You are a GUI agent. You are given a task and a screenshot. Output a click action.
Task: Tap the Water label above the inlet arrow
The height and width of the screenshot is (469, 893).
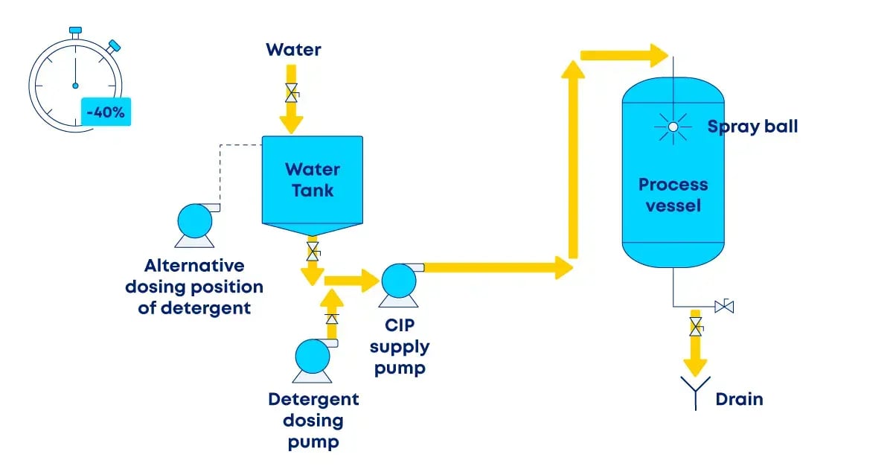(x=293, y=50)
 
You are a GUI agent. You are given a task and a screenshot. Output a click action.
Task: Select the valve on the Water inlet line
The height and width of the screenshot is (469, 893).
(x=292, y=92)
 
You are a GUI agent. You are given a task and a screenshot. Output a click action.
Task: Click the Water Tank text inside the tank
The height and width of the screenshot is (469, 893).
(x=313, y=179)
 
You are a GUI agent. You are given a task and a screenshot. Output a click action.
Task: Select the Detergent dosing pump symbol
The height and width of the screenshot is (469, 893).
(x=313, y=357)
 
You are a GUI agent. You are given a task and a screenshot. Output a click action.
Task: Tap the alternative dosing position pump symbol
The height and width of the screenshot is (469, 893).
(x=195, y=222)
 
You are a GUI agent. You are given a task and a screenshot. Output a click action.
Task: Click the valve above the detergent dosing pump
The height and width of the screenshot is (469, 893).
(x=333, y=319)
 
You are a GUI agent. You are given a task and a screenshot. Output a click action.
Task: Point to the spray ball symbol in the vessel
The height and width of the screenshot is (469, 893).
(x=673, y=127)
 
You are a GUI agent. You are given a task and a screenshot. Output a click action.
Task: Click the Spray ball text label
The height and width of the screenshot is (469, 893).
(x=752, y=127)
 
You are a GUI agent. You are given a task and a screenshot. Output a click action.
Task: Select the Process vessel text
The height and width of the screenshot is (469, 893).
(x=673, y=194)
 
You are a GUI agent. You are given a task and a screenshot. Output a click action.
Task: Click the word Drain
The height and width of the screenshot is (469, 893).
(x=739, y=399)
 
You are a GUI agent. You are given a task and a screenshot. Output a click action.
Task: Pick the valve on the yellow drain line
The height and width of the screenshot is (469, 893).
(x=696, y=325)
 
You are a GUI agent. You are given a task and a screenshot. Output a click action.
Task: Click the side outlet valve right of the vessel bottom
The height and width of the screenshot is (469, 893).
(x=723, y=305)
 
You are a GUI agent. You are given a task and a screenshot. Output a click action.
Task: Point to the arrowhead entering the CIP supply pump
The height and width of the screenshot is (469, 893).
(x=369, y=281)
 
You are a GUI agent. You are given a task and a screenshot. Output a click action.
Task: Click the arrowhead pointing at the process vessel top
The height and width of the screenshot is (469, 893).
(x=656, y=55)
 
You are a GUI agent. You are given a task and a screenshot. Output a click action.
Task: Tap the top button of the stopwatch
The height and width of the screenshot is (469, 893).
(x=75, y=31)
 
